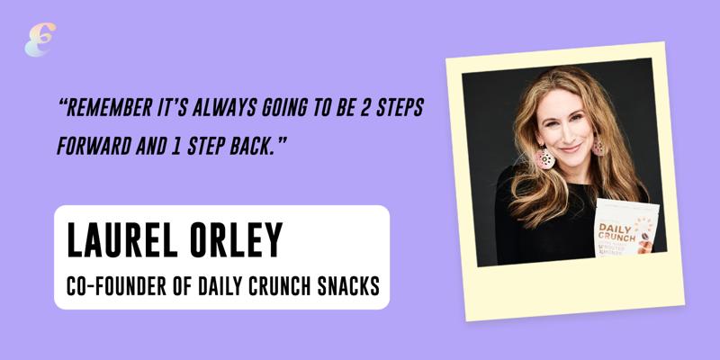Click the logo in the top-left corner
point(40,40)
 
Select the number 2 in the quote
point(367,107)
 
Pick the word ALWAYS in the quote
point(224,107)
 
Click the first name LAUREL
point(122,239)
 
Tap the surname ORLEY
point(236,239)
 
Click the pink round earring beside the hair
point(544,157)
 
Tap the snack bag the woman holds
point(626,228)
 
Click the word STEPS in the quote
point(401,107)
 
